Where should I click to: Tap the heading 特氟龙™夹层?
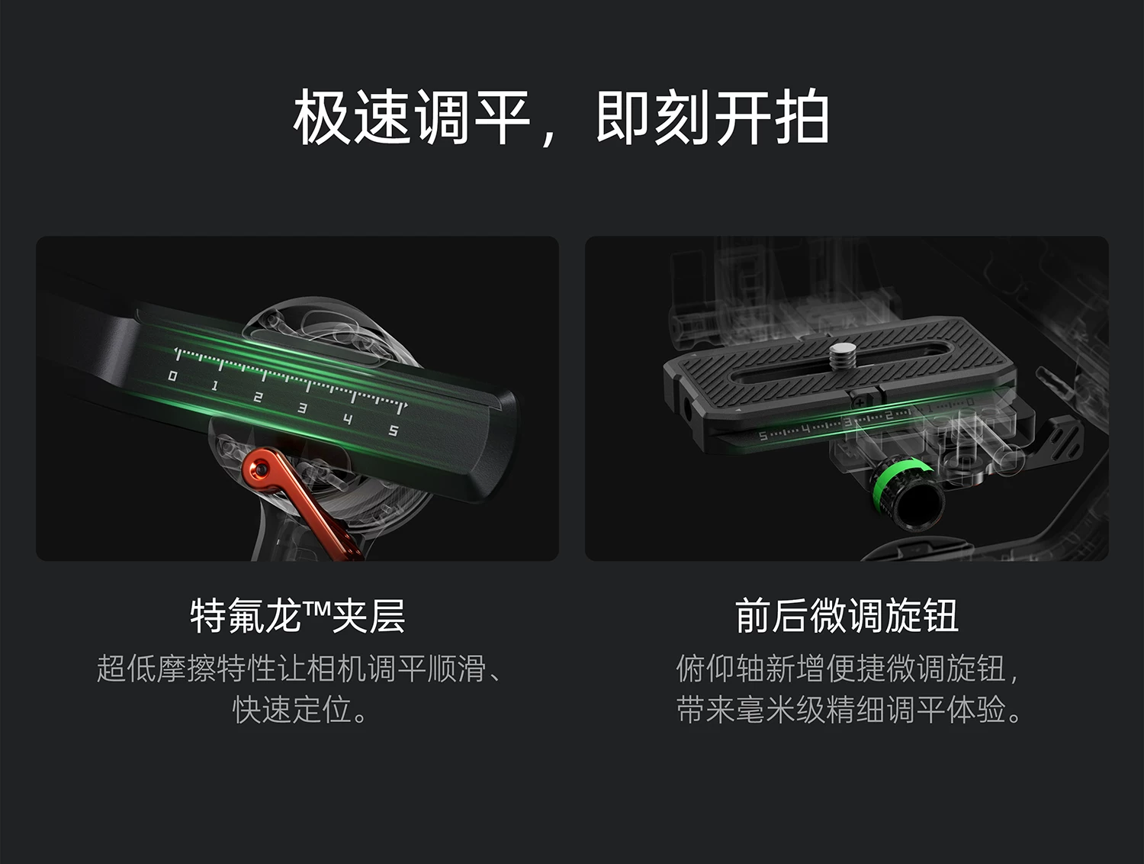coord(297,616)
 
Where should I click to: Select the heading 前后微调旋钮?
coord(847,616)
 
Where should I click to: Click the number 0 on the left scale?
coord(172,376)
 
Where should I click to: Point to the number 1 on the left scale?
coord(214,386)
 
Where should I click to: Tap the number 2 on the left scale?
coord(258,398)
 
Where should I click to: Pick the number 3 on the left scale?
coord(302,408)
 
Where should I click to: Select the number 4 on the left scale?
coord(348,419)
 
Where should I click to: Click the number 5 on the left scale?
coord(394,430)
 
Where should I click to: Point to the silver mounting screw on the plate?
coord(839,356)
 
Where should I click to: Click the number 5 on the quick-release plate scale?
coord(763,436)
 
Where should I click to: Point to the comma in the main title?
coord(549,137)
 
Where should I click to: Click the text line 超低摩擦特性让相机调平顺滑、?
coord(299,669)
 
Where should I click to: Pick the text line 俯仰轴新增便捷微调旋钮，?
coord(847,669)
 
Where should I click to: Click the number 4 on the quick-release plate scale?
coord(805,430)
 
